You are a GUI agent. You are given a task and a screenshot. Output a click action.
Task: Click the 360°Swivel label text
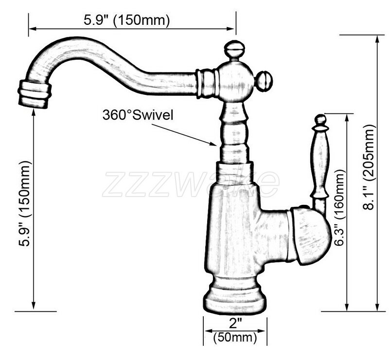(x=138, y=115)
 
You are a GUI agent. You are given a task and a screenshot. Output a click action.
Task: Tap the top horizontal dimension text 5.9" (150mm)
(x=127, y=20)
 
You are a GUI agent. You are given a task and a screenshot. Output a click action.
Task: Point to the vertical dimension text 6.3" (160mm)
(x=339, y=208)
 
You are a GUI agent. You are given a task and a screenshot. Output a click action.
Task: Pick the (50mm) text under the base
(x=235, y=337)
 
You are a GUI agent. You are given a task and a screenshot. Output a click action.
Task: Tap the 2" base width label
(x=235, y=323)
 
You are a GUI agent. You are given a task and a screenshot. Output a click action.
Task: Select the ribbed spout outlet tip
(x=35, y=94)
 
